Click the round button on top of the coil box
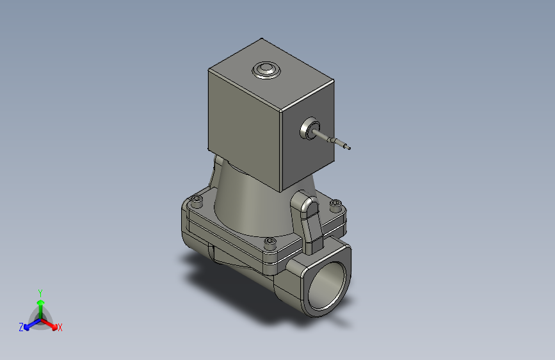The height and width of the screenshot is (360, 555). [x=265, y=69]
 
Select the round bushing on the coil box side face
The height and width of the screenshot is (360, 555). [x=311, y=129]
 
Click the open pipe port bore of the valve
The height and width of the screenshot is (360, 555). [x=327, y=285]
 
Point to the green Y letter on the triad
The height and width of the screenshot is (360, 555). [x=40, y=292]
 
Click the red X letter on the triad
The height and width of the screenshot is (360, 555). [x=60, y=328]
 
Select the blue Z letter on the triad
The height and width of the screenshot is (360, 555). [x=21, y=327]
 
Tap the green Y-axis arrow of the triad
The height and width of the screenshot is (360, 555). [x=40, y=304]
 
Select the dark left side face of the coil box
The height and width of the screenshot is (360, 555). [x=243, y=128]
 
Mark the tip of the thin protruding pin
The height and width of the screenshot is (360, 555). [x=350, y=149]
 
